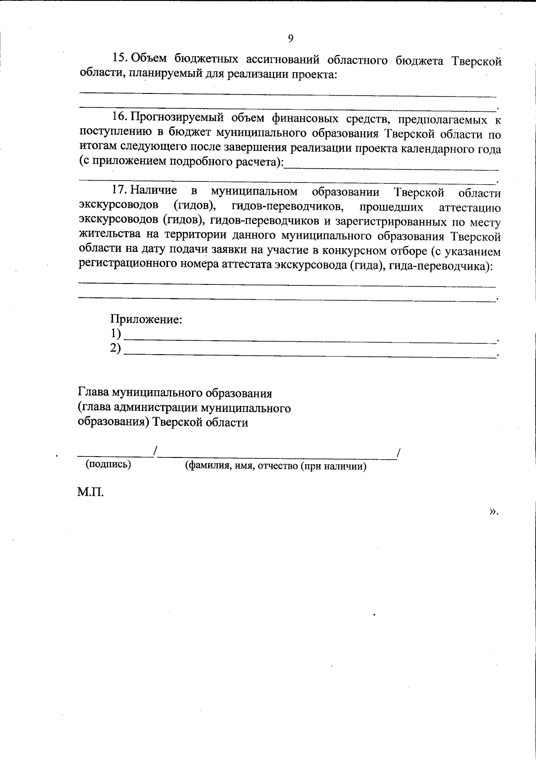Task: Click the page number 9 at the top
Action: [290, 38]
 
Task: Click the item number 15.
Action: [119, 59]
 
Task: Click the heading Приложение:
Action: [146, 320]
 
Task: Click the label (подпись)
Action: [109, 464]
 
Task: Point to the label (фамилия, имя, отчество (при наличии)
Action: [276, 466]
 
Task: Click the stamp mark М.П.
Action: [90, 493]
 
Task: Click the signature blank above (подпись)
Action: [115, 455]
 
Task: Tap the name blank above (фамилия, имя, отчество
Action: [277, 456]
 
